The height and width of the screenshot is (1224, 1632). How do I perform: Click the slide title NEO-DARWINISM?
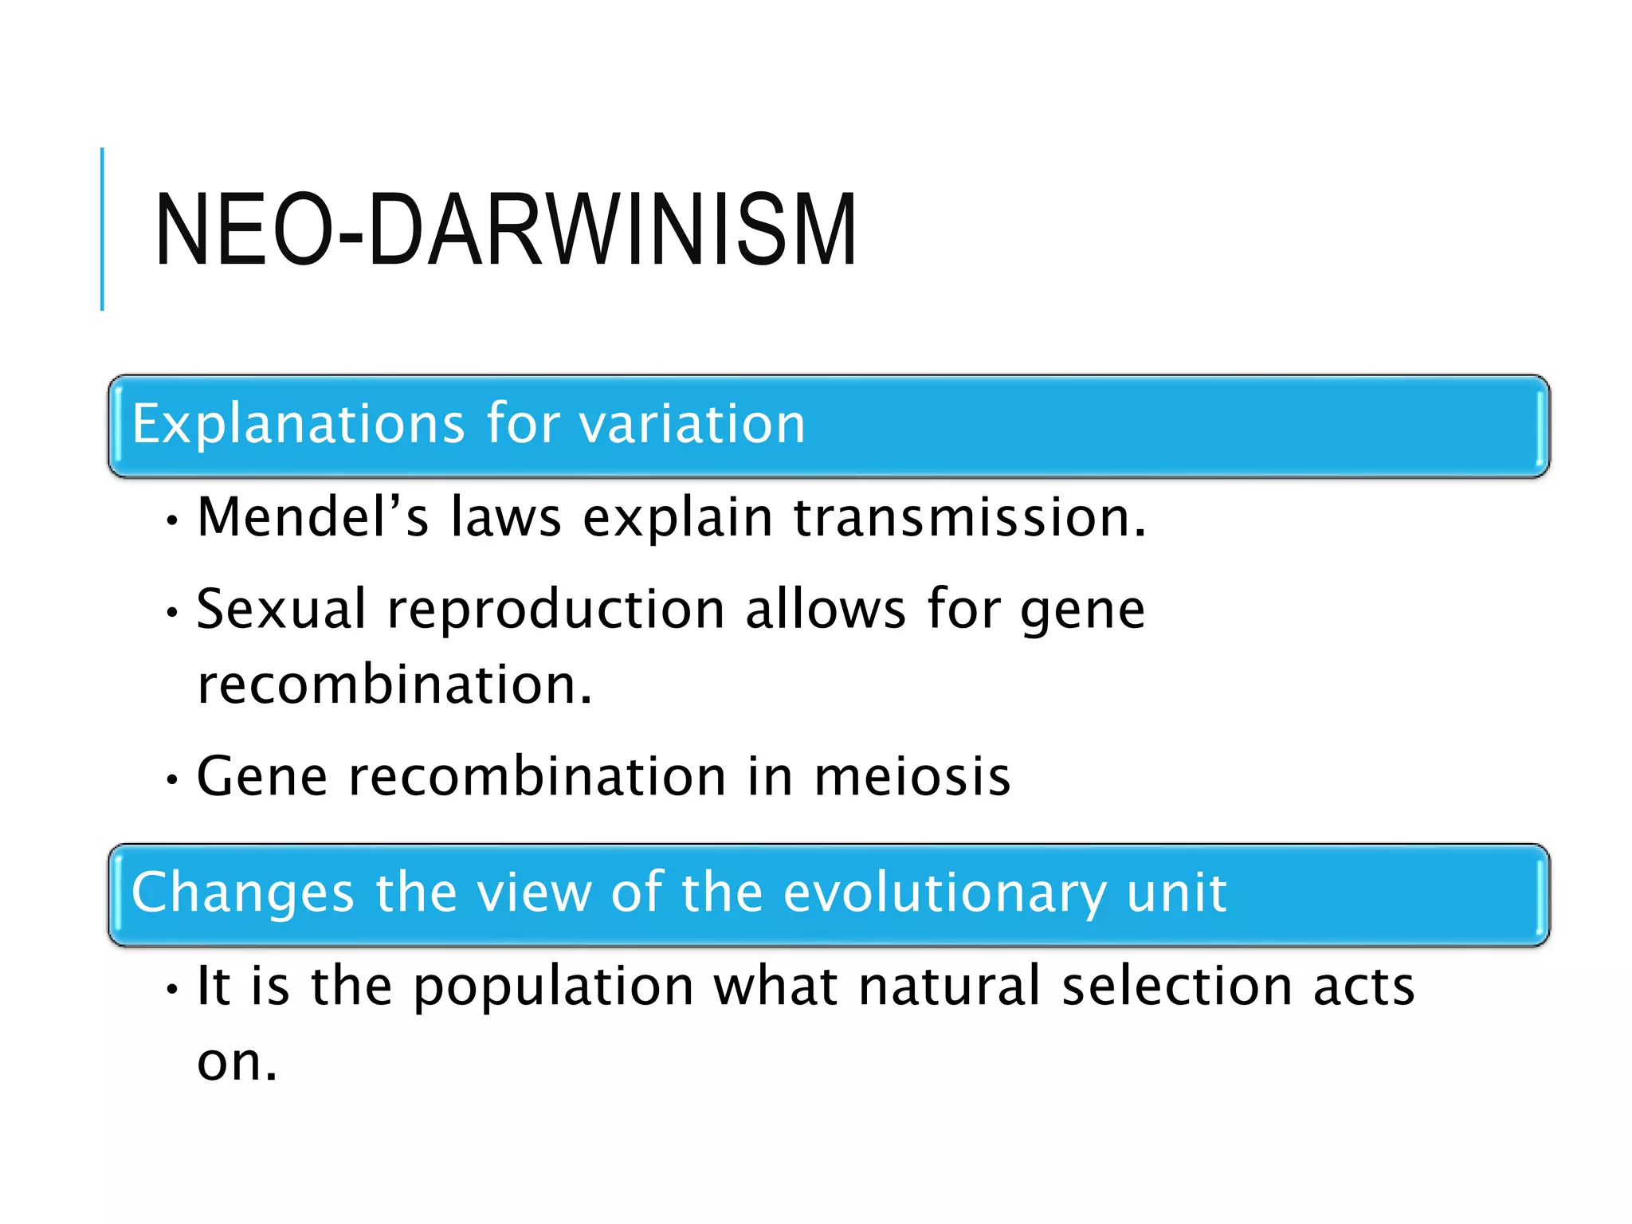(505, 230)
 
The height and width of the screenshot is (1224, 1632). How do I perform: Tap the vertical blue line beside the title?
(102, 229)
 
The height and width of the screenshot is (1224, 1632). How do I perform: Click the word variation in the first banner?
(692, 424)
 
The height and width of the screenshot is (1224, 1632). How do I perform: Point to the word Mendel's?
(312, 517)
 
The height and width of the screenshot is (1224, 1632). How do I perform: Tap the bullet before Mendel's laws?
(171, 522)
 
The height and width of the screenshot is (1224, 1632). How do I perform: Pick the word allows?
(826, 610)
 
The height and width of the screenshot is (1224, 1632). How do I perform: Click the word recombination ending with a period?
(394, 685)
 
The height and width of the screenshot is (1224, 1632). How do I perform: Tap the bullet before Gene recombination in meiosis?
(171, 780)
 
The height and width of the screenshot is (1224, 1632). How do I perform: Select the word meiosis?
(912, 777)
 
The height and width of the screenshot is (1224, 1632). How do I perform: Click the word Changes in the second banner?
(242, 892)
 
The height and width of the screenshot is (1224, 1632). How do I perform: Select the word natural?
(950, 986)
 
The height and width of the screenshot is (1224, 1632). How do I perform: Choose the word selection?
(1177, 986)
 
